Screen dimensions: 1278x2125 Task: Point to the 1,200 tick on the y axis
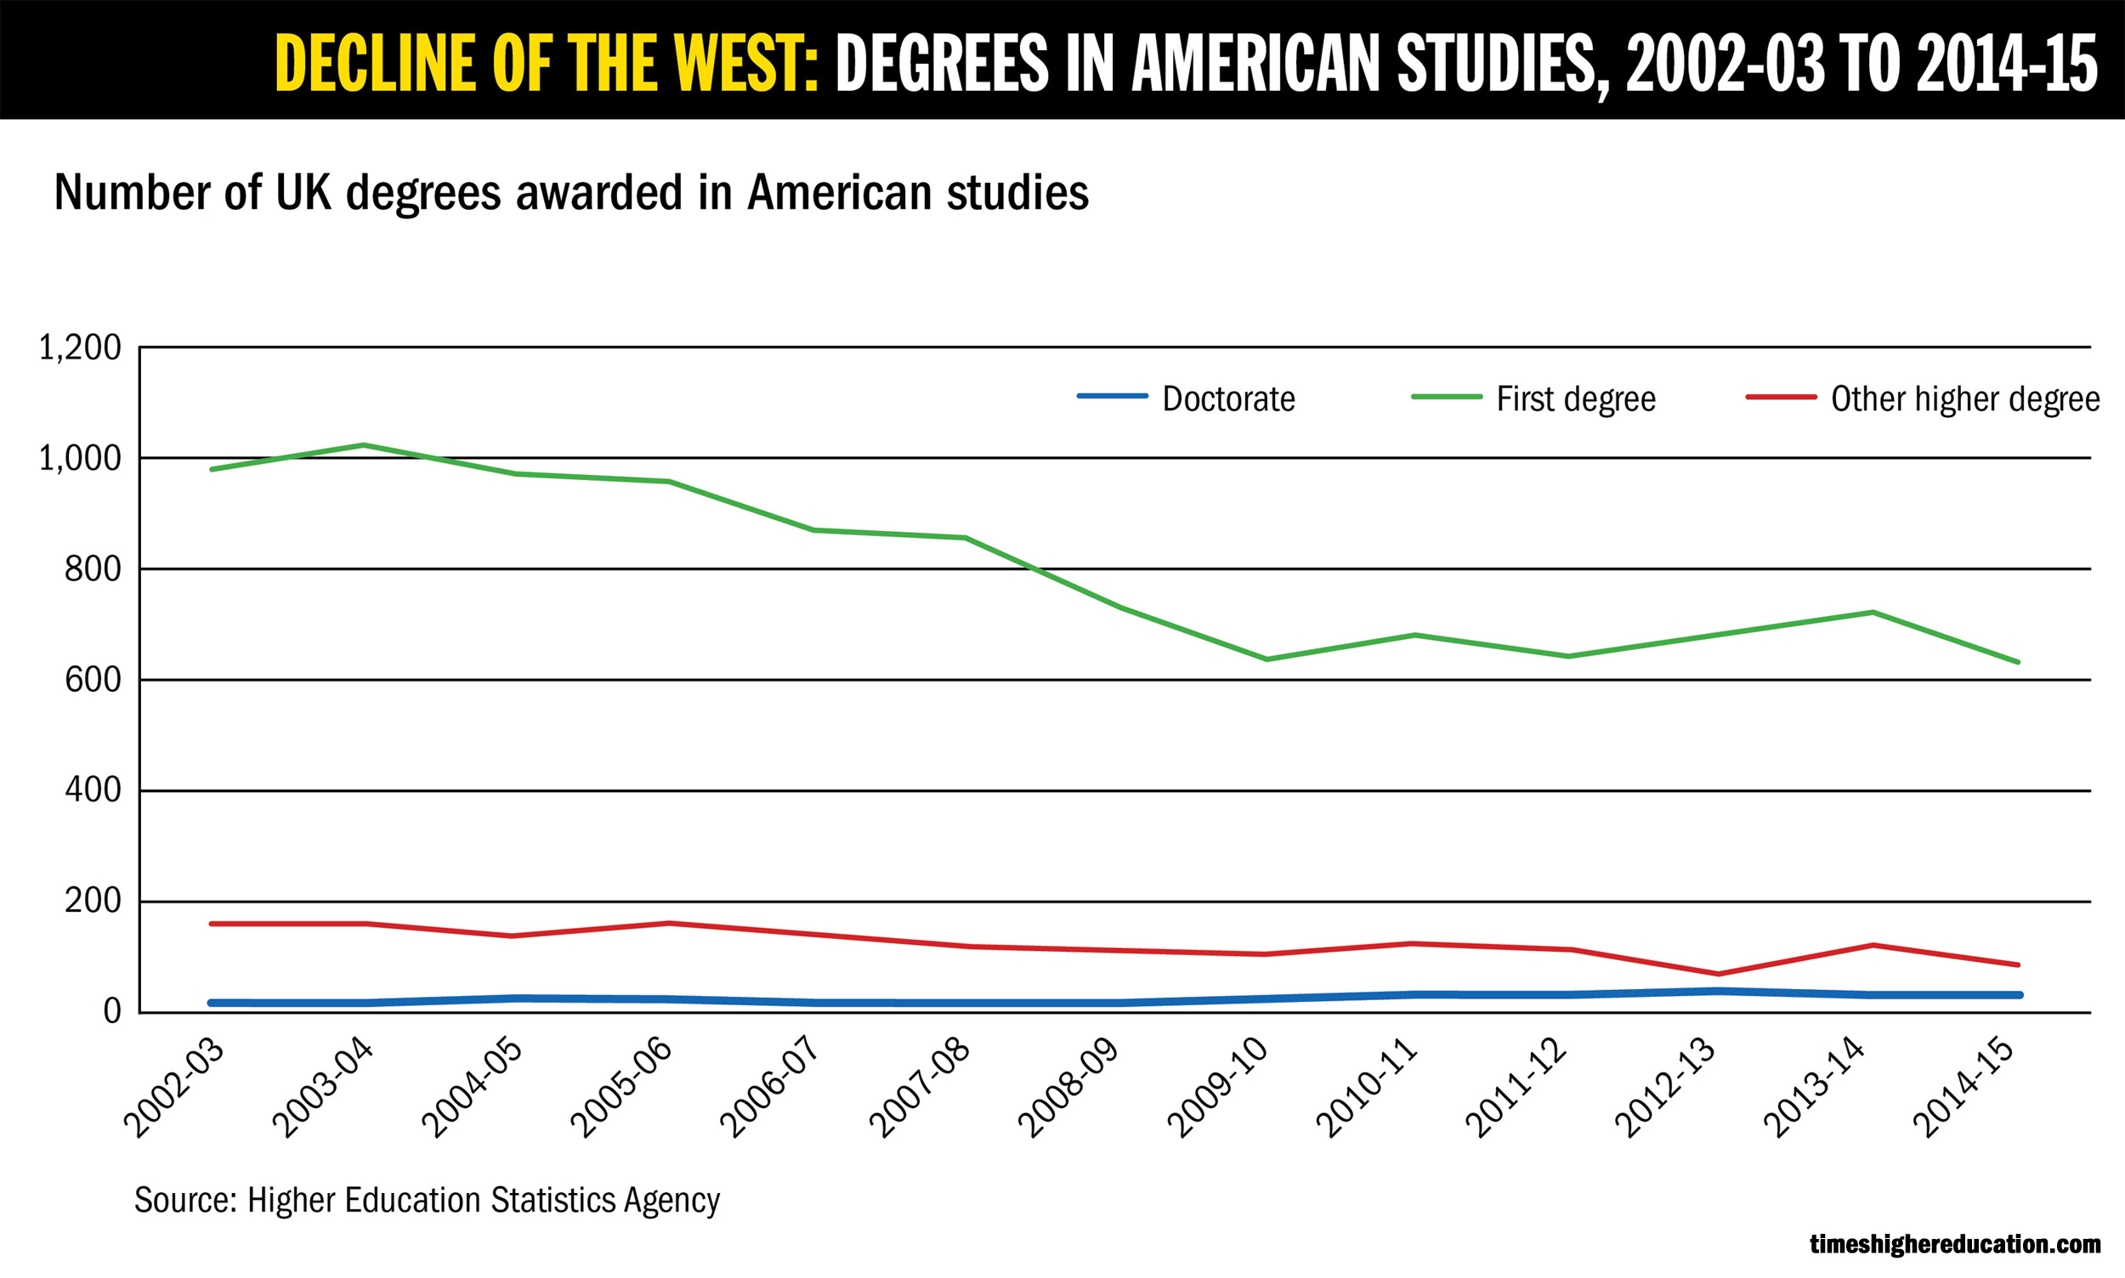[80, 348]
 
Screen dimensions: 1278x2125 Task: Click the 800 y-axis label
[92, 569]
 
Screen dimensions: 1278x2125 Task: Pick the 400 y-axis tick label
[92, 790]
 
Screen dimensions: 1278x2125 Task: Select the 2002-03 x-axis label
[175, 1089]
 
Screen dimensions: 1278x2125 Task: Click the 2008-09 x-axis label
[1069, 1089]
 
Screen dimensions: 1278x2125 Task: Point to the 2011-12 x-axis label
[1516, 1089]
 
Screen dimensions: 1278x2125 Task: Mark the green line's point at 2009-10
[1266, 659]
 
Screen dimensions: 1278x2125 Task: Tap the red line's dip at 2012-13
[1719, 974]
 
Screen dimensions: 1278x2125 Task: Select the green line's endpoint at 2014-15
[2018, 662]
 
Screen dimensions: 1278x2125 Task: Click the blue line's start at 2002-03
[212, 1003]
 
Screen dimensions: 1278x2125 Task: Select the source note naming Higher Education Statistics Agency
[427, 1201]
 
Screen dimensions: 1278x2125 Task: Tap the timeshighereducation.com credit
[1954, 1244]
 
